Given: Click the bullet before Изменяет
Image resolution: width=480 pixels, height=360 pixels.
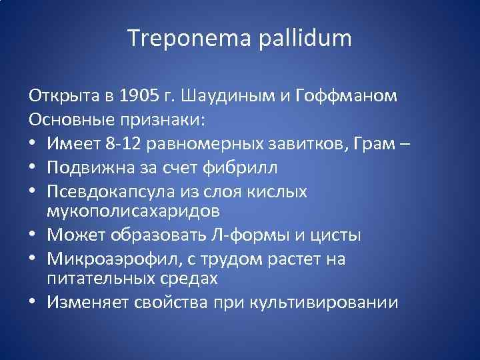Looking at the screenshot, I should point(33,303).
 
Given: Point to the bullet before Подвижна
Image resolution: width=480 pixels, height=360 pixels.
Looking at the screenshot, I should point(33,167).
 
